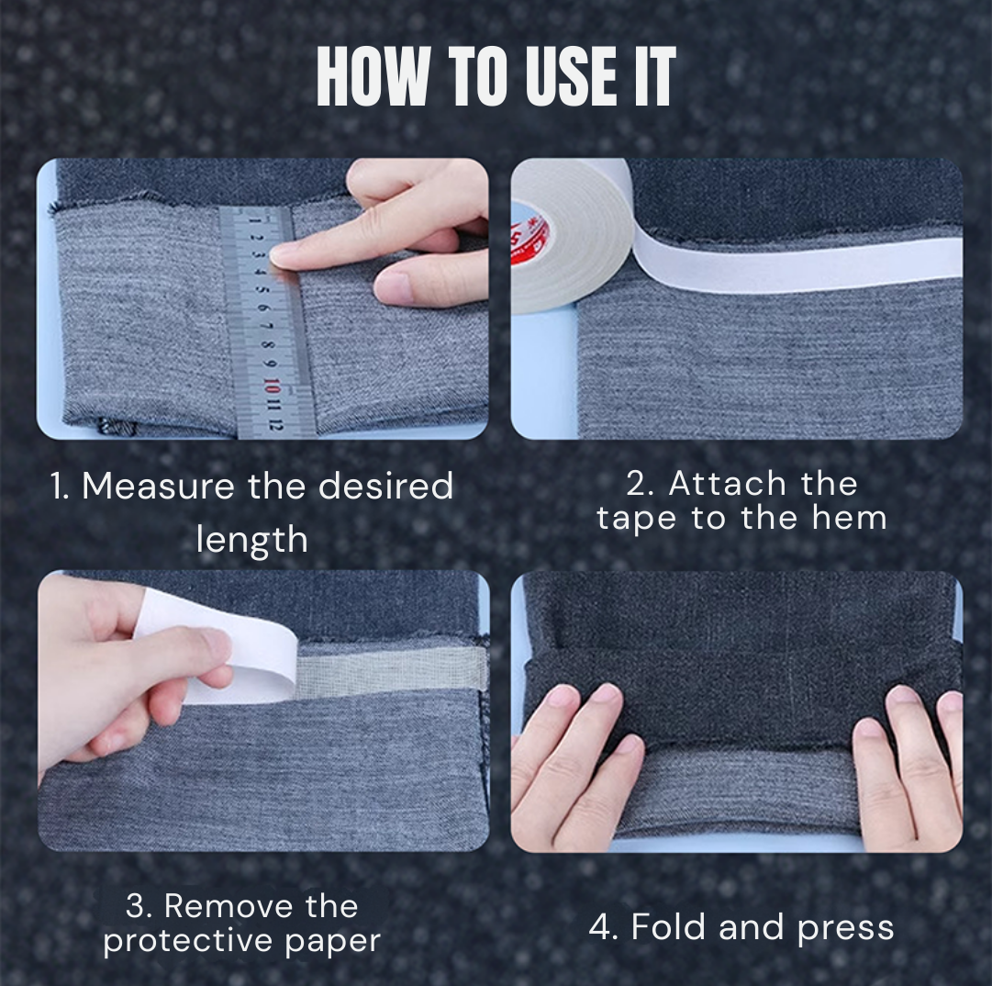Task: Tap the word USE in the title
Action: [552, 77]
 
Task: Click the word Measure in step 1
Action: [158, 487]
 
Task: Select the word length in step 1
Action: [251, 539]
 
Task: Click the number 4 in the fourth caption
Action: [602, 927]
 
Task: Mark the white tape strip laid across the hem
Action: [798, 265]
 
